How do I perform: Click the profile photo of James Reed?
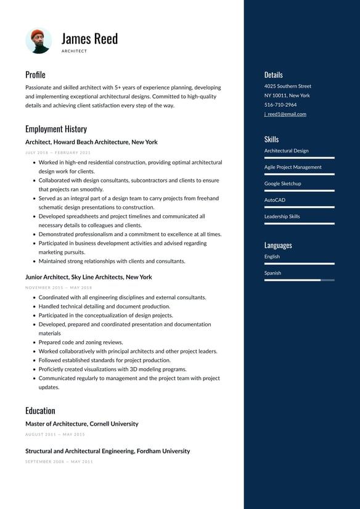click(x=38, y=41)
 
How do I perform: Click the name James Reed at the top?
click(x=89, y=38)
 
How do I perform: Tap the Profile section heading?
click(x=35, y=75)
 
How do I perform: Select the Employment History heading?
click(x=56, y=129)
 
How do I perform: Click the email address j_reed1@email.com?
click(x=285, y=114)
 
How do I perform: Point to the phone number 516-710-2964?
click(x=280, y=105)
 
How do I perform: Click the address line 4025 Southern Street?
click(x=287, y=86)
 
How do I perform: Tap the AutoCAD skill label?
click(x=275, y=200)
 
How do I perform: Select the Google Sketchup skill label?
click(x=282, y=183)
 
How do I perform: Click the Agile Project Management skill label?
click(x=293, y=167)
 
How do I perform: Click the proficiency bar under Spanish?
click(x=299, y=280)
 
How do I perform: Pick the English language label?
click(x=272, y=257)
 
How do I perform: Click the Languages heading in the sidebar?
click(x=278, y=245)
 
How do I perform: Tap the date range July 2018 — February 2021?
click(x=58, y=152)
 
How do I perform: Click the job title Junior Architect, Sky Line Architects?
click(x=88, y=277)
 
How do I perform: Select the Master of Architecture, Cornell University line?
click(x=81, y=424)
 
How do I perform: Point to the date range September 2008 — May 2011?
click(x=59, y=461)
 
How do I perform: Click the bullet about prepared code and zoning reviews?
click(x=80, y=342)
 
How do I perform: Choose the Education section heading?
click(x=40, y=410)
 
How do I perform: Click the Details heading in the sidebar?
click(x=273, y=75)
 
